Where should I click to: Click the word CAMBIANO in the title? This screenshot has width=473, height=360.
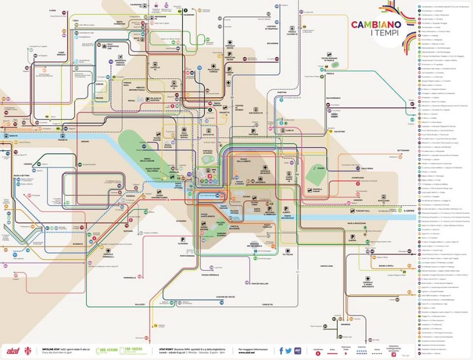pos(375,25)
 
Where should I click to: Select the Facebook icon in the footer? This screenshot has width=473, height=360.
pos(281,350)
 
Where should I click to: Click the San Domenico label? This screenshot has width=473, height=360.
pos(333,98)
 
